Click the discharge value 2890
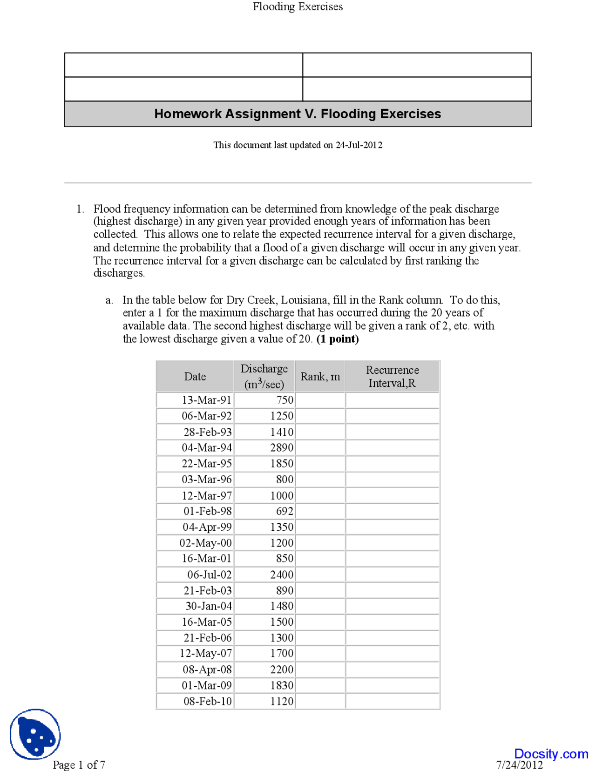click(281, 448)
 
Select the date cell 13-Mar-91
click(206, 400)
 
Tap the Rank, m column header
click(320, 376)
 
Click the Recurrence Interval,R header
click(392, 376)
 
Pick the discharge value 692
click(284, 511)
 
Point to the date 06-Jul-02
click(209, 575)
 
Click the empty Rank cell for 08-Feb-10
click(320, 701)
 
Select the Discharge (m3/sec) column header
click(264, 376)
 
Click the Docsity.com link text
click(551, 754)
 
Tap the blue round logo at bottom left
click(35, 734)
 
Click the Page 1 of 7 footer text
click(79, 764)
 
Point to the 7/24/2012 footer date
click(519, 764)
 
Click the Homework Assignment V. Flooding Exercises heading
click(298, 114)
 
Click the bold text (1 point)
click(337, 339)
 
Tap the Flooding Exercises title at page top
click(298, 7)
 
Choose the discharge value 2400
click(281, 575)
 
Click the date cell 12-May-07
click(205, 654)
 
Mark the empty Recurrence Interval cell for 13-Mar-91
click(392, 400)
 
